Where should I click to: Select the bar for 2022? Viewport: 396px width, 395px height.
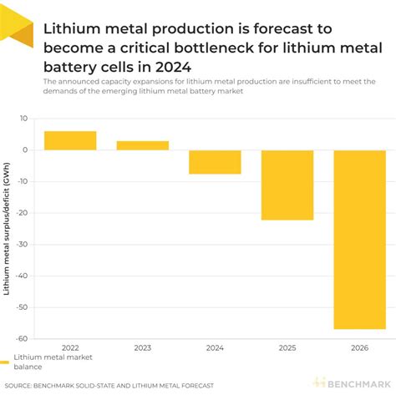click(x=70, y=140)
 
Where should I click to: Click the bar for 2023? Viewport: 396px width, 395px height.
click(x=143, y=145)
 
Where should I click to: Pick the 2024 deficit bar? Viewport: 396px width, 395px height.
click(x=215, y=162)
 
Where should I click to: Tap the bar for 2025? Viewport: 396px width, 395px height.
click(x=287, y=185)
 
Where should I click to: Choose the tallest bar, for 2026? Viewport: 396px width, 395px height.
click(x=359, y=239)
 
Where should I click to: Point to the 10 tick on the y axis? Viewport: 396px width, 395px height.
click(x=25, y=119)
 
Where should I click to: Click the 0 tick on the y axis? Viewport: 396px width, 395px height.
click(x=27, y=150)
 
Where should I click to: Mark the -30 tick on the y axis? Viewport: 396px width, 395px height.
click(x=23, y=245)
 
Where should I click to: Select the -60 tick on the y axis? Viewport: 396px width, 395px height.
click(x=23, y=338)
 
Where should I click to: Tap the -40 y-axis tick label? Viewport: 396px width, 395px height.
click(x=23, y=276)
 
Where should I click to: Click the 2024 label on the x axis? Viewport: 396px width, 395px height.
click(x=215, y=347)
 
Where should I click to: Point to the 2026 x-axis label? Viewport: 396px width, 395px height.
click(x=359, y=347)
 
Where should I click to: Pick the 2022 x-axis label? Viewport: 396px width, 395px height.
click(x=70, y=347)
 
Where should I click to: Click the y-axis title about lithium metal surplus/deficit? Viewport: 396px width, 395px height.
click(x=8, y=227)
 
